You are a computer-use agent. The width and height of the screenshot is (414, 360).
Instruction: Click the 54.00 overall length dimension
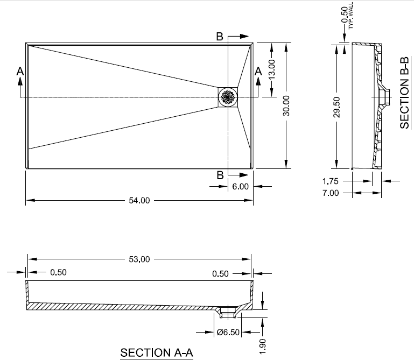(x=138, y=201)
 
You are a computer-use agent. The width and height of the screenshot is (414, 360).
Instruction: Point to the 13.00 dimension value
(x=272, y=68)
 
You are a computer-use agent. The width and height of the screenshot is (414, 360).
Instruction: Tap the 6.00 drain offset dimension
(x=240, y=187)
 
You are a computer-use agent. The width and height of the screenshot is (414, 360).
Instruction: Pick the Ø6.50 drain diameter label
(x=228, y=331)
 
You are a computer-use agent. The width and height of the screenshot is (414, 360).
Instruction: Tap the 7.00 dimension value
(x=331, y=193)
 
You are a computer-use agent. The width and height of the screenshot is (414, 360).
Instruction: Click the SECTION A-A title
(x=157, y=352)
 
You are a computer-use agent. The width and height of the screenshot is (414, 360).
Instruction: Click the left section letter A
(x=20, y=70)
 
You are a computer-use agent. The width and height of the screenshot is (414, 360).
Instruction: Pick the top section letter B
(x=220, y=37)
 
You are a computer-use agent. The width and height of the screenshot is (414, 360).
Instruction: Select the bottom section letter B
(x=220, y=175)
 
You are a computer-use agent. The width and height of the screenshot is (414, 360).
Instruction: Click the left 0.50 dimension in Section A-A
(x=58, y=272)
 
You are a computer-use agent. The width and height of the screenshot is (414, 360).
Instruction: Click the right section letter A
(x=258, y=70)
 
